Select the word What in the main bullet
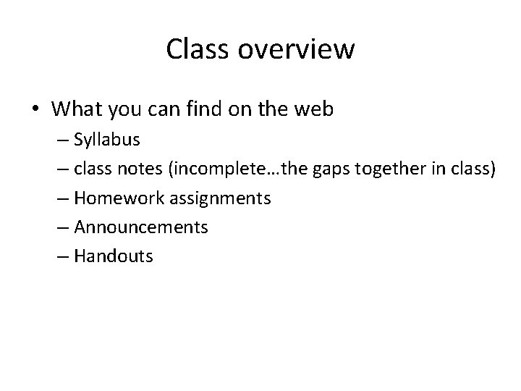[77, 109]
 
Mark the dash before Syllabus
[62, 140]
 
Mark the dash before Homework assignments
[62, 198]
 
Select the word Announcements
[141, 227]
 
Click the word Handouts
[114, 256]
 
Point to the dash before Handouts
[62, 256]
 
